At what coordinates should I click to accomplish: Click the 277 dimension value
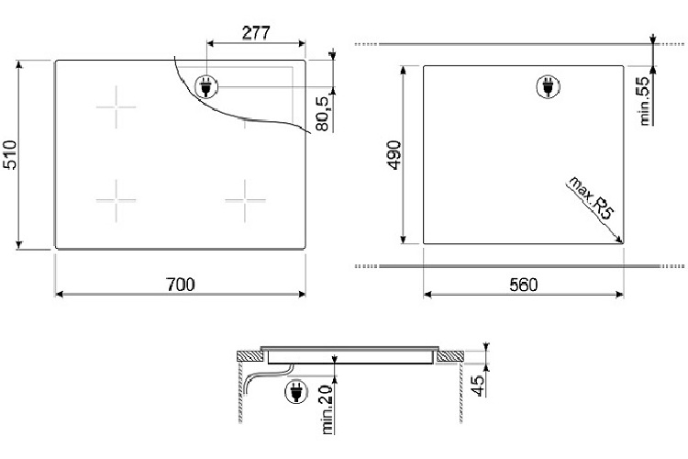(256, 32)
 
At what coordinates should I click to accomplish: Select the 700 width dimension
(181, 285)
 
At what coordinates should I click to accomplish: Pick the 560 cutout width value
(522, 285)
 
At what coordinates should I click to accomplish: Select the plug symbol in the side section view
(296, 393)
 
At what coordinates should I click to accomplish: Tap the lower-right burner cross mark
(244, 199)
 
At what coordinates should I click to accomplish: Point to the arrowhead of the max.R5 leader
(622, 241)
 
